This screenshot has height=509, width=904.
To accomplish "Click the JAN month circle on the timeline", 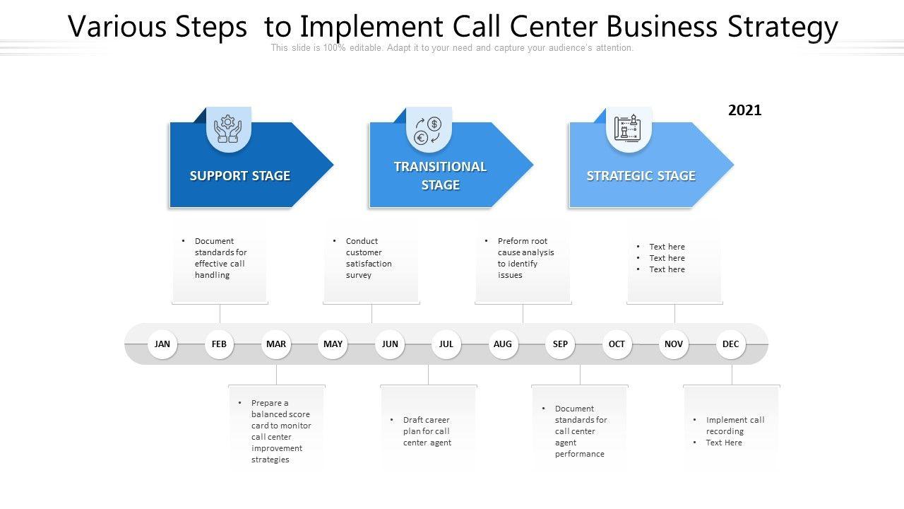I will (x=162, y=344).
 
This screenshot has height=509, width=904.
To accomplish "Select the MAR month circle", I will (x=276, y=344).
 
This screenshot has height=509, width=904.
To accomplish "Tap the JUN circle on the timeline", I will (x=390, y=344).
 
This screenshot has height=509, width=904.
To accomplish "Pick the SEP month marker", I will (x=560, y=344).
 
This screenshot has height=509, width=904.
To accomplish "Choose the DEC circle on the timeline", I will (x=731, y=344).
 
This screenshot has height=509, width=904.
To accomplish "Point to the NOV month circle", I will (x=674, y=344).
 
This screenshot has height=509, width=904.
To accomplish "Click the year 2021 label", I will (x=744, y=110).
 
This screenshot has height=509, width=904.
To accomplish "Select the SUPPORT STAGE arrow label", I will (x=240, y=176).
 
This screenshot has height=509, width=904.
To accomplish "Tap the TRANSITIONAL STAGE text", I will (x=440, y=176).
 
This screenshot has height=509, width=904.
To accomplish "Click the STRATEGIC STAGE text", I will (x=641, y=176).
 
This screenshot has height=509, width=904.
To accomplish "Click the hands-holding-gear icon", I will (x=228, y=129).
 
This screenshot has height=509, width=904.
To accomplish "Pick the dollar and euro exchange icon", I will (x=428, y=130).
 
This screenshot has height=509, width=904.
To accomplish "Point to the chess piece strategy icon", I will (x=628, y=129).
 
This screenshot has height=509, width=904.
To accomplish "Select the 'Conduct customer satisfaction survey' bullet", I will (x=369, y=258).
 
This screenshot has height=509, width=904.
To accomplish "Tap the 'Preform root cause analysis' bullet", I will (x=525, y=258).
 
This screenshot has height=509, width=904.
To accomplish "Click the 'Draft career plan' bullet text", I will (x=427, y=431).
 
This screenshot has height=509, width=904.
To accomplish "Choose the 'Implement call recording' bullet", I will (x=734, y=426).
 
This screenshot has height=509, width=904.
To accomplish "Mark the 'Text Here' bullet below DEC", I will (x=724, y=443).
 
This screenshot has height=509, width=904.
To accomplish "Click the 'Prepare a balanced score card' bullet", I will (x=280, y=431).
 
